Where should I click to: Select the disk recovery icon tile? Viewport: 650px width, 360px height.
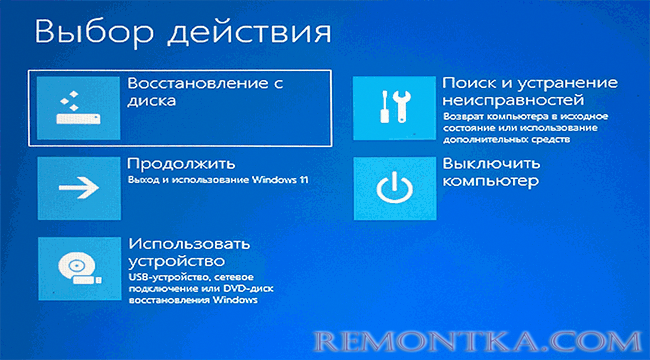coord(78,105)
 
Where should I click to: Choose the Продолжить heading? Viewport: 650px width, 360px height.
coord(181,163)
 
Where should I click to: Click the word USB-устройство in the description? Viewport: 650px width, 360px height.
coord(168,274)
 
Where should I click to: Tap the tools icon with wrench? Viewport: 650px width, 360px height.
coord(396,105)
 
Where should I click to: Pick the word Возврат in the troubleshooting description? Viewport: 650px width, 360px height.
coord(460,117)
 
